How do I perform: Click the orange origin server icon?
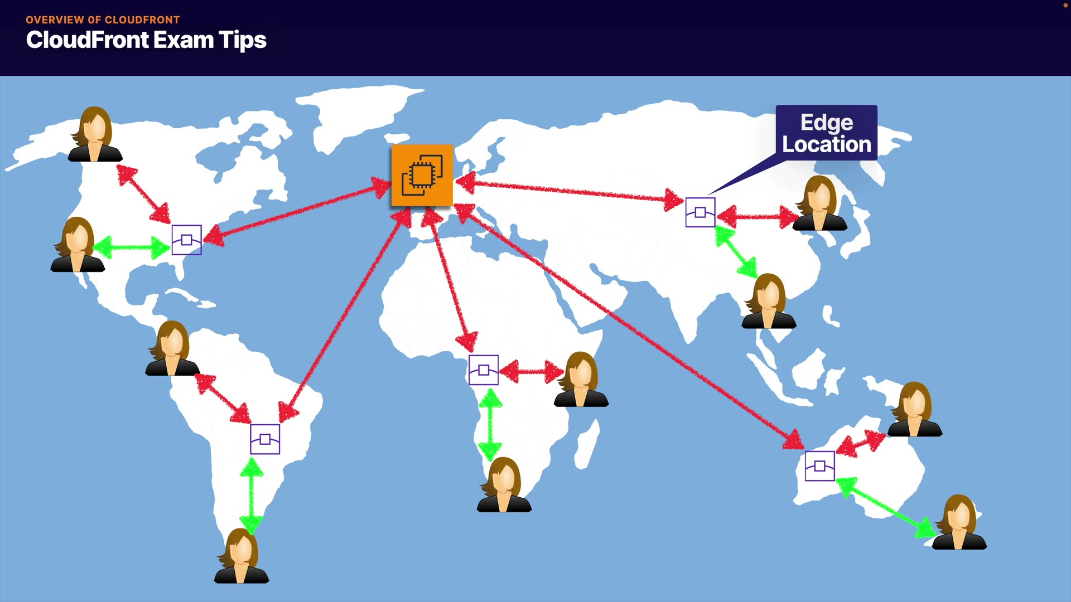click(x=422, y=175)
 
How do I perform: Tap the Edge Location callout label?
click(x=826, y=133)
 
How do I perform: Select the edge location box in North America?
click(x=186, y=240)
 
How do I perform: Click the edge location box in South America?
click(x=265, y=439)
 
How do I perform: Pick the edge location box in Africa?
click(x=484, y=370)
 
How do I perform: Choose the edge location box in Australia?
click(x=819, y=466)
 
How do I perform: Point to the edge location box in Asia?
click(x=700, y=212)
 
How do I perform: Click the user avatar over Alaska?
click(x=95, y=135)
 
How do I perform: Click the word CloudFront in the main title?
click(x=88, y=40)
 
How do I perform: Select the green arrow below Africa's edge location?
click(x=490, y=424)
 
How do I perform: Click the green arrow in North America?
click(x=132, y=247)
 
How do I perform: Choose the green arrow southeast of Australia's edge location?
click(x=887, y=507)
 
